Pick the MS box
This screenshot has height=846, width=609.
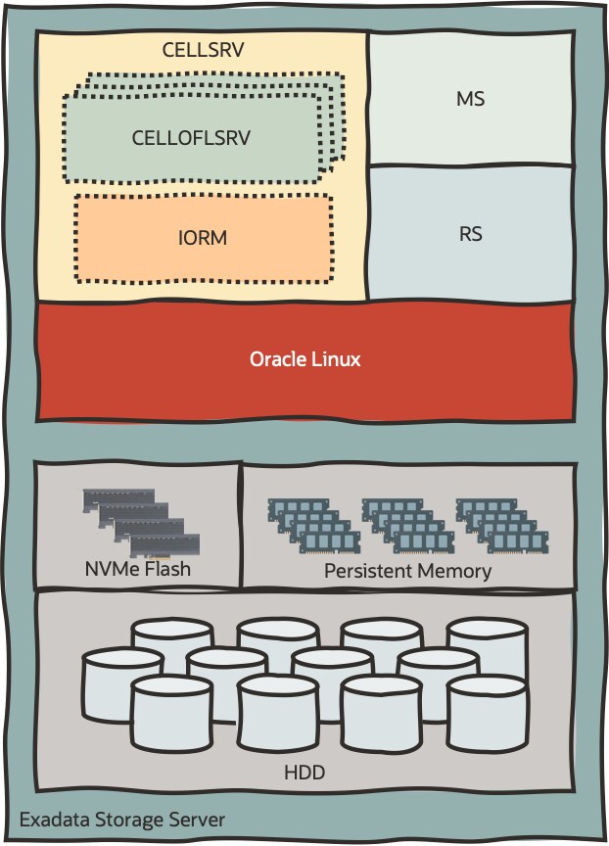pos(470,99)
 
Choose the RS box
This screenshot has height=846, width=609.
pos(470,235)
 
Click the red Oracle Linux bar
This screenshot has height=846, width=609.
pos(304,360)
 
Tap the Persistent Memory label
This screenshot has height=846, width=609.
pos(407,570)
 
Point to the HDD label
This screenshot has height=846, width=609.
pos(304,774)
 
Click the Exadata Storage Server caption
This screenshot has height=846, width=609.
pos(122,819)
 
